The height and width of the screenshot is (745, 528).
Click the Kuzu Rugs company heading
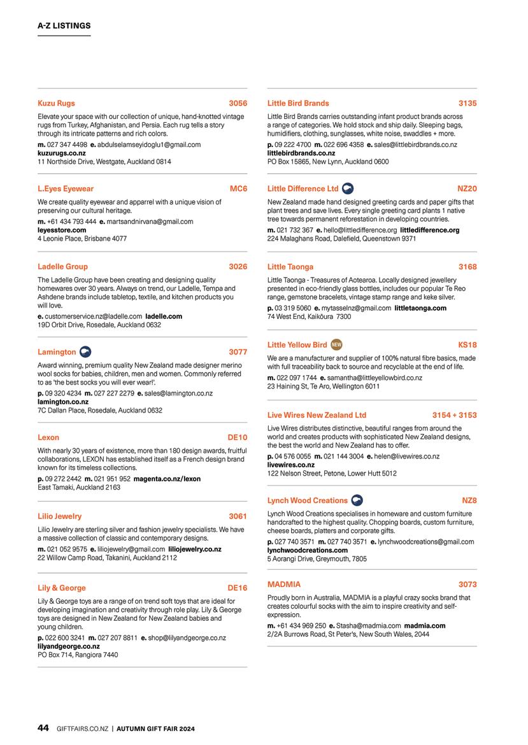[x=56, y=103]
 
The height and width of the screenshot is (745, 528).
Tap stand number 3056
[x=238, y=103]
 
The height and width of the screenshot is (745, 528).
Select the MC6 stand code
[x=238, y=189]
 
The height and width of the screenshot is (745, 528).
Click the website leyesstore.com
[x=62, y=230]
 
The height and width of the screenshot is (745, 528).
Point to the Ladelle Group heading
[x=62, y=267]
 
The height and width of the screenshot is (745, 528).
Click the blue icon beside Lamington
[x=85, y=351]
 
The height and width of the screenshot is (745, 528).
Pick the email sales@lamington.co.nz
[x=178, y=394]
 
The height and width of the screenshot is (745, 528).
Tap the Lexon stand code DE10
[x=237, y=437]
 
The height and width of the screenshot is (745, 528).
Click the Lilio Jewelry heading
[x=60, y=516]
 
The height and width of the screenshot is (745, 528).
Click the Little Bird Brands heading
[x=298, y=103]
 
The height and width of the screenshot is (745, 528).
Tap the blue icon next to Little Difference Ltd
[x=348, y=188]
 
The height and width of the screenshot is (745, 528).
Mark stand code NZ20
[x=467, y=189]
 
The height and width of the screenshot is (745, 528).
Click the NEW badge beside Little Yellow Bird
[x=337, y=345]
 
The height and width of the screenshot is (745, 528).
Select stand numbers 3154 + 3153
[x=454, y=415]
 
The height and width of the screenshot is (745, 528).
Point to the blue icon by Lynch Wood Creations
[x=357, y=500]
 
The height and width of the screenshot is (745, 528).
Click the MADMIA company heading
[x=284, y=585]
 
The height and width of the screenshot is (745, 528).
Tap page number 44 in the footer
[x=43, y=728]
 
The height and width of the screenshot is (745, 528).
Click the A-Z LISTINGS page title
[x=64, y=26]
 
